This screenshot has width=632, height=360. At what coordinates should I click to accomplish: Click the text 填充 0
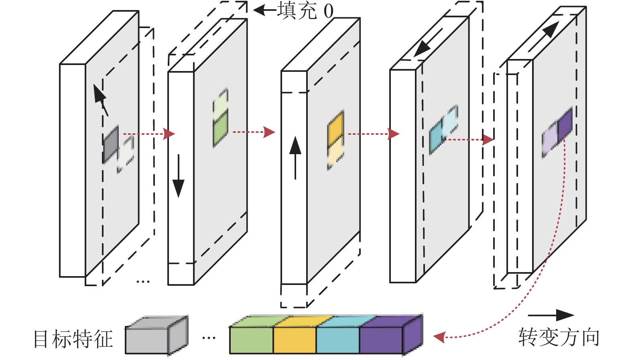305,11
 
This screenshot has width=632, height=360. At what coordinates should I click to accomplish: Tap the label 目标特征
73,339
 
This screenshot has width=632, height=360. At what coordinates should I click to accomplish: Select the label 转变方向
559,337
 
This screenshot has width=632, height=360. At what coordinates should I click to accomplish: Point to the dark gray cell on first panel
111,144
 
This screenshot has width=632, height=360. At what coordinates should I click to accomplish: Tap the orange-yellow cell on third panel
336,127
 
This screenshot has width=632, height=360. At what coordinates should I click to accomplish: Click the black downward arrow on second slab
178,176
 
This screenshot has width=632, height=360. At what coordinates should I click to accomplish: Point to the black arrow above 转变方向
551,315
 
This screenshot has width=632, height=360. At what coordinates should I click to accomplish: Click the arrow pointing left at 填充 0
265,10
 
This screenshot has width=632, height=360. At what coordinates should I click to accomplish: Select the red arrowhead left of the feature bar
439,337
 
